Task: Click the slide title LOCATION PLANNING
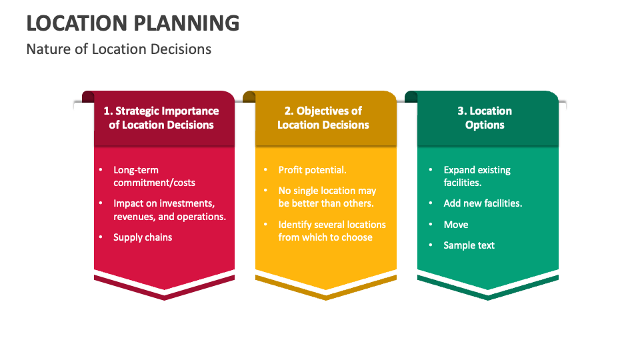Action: (133, 23)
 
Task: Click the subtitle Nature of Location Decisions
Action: (119, 49)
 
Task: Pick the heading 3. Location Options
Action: (485, 118)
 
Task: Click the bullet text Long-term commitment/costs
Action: (154, 176)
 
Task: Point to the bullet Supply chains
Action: (143, 237)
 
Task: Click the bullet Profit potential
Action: (312, 170)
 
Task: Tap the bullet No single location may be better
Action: (327, 197)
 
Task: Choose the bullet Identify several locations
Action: (332, 231)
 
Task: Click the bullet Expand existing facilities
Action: (477, 176)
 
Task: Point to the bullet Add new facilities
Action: (483, 203)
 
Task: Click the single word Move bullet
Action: (456, 225)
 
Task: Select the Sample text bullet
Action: (469, 245)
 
